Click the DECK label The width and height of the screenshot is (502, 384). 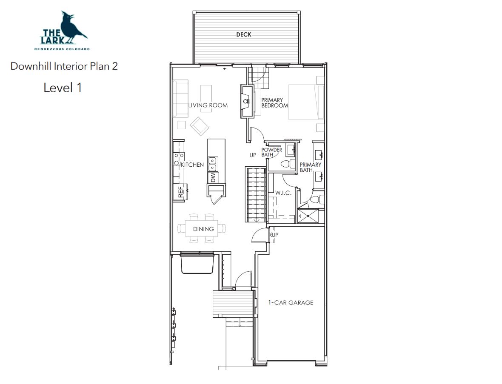(x=244, y=34)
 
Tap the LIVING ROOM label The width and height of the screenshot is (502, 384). (x=208, y=105)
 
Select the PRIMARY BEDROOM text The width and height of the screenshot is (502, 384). (x=274, y=103)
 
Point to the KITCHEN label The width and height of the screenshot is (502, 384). (x=192, y=165)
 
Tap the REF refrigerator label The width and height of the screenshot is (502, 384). (x=180, y=192)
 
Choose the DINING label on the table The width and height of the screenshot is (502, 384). (x=203, y=229)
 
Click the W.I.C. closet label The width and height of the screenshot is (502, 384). (x=283, y=193)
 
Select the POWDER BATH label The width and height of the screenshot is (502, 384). (x=271, y=152)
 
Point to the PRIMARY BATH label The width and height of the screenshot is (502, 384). (x=310, y=168)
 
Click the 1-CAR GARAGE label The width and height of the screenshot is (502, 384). (x=291, y=303)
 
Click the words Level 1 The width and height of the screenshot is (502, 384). (x=63, y=88)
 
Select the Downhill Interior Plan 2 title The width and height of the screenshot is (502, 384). (x=64, y=66)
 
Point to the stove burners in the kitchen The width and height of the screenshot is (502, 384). (x=179, y=159)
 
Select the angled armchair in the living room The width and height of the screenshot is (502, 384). (x=200, y=126)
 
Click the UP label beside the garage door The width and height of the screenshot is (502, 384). (x=275, y=235)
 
